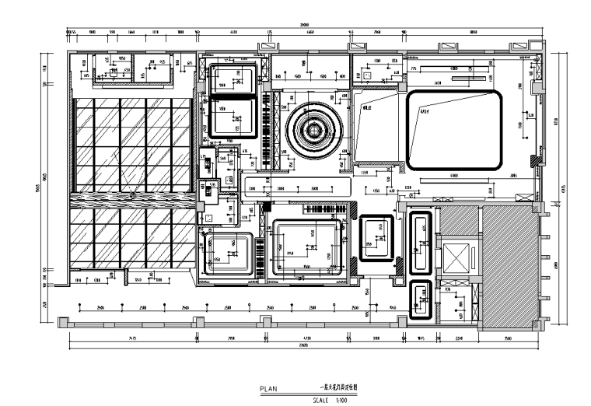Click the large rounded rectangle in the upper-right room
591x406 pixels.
tap(453, 129)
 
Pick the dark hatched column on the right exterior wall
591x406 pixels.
tap(536, 161)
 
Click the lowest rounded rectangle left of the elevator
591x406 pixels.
tap(421, 299)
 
